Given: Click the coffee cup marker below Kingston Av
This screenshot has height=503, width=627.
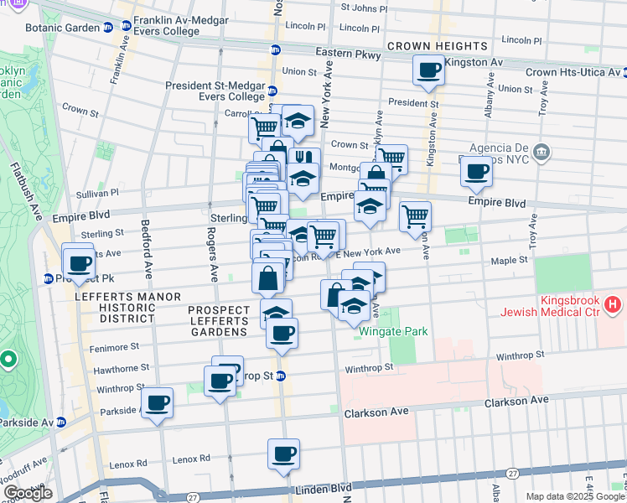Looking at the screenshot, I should (x=428, y=70).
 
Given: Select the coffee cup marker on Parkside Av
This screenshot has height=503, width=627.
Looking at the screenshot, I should (x=157, y=402).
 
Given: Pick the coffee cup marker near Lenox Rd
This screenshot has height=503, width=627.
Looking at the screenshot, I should (x=283, y=454).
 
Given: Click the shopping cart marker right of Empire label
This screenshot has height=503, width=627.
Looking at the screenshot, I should (x=415, y=216).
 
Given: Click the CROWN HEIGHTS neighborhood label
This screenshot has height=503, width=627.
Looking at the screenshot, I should (x=438, y=45).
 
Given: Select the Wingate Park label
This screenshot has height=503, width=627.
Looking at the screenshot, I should (x=393, y=331).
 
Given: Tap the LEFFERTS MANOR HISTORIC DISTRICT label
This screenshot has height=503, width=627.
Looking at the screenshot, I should (x=115, y=308).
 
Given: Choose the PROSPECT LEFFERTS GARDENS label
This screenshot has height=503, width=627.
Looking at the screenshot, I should (x=219, y=321).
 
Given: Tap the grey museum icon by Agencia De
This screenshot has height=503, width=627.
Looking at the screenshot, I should (x=541, y=152).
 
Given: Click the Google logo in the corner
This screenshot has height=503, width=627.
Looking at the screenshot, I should (x=28, y=493).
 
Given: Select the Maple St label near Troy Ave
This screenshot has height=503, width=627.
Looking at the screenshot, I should (x=510, y=260).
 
